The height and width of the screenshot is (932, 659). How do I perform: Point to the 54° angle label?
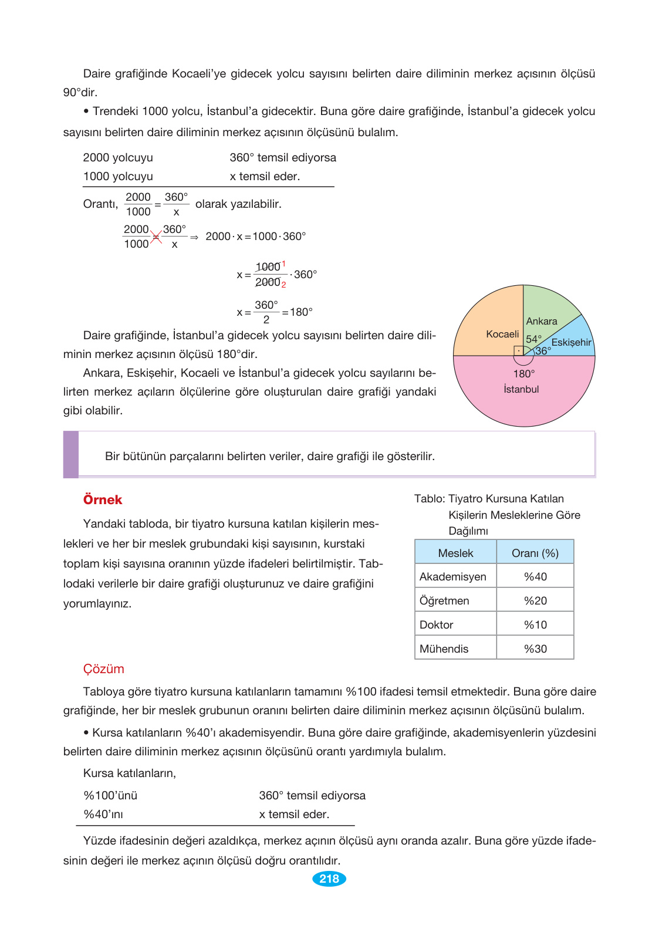[533, 339]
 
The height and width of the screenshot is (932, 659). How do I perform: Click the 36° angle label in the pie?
[543, 351]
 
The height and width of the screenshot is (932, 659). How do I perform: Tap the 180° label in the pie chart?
[523, 374]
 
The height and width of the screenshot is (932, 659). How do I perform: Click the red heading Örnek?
[103, 500]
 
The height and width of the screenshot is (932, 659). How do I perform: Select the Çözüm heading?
[103, 669]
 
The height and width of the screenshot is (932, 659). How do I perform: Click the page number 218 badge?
[329, 879]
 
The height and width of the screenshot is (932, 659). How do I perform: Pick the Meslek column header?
[455, 553]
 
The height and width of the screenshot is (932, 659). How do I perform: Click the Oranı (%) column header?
[535, 553]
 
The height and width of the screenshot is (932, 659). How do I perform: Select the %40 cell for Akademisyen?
[535, 577]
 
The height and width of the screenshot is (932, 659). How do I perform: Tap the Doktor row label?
[437, 625]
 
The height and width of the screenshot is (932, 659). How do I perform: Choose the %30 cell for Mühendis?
[535, 649]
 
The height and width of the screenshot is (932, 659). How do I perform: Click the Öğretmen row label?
[444, 601]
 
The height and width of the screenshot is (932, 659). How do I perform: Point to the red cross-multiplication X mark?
[156, 237]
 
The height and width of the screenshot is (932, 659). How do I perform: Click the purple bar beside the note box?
[71, 454]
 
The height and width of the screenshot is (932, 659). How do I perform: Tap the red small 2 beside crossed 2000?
[284, 285]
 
